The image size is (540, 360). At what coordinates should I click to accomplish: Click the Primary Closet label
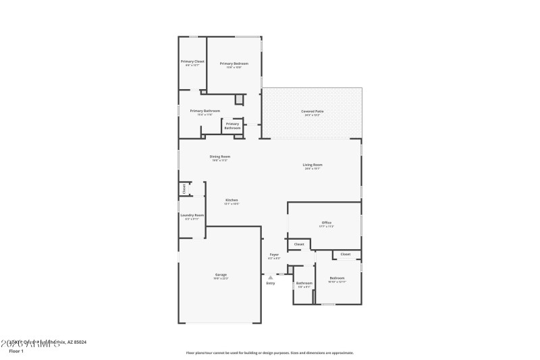[192, 61]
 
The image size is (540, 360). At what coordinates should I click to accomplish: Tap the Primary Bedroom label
[234, 63]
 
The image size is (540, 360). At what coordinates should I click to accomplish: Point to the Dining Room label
[220, 157]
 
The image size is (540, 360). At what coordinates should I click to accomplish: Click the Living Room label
[312, 165]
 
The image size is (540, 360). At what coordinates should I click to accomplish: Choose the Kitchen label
[232, 200]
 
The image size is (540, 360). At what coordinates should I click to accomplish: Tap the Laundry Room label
[192, 215]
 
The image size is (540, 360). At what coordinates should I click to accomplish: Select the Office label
[326, 222]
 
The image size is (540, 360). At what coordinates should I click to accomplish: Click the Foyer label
[274, 255]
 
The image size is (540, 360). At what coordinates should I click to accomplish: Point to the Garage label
[221, 274]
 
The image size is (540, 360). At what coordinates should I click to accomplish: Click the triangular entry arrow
[270, 277]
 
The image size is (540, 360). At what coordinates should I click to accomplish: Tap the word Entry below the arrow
[270, 283]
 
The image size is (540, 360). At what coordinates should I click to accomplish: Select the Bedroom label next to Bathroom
[337, 278]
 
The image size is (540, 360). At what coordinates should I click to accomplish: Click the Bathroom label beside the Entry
[304, 283]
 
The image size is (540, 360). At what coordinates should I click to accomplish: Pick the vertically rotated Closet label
[184, 189]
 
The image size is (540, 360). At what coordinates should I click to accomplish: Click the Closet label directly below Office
[299, 244]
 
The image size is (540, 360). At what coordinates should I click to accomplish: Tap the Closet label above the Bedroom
[345, 255]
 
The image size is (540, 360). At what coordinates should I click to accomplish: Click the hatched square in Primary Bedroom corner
[239, 100]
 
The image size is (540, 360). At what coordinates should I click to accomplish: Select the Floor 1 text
[16, 351]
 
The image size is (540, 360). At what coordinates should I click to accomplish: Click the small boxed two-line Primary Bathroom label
[232, 126]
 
